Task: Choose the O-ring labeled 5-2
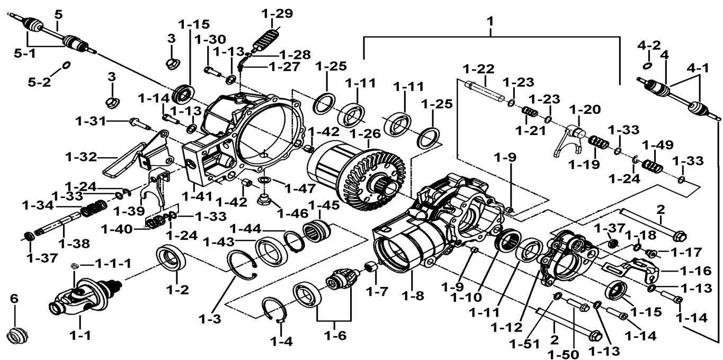pos(66,65)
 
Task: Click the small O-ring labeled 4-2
pos(647,66)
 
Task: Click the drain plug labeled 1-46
pos(263,201)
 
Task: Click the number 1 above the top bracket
pos(490,21)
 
